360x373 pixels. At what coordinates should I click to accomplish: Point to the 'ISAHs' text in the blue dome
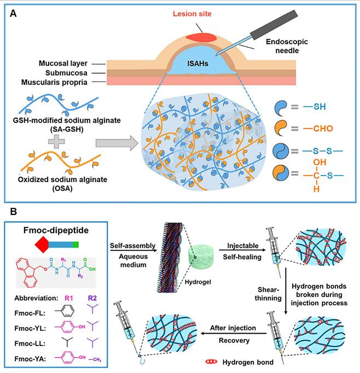pyautogui.click(x=206, y=63)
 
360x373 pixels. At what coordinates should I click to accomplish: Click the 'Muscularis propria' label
pyautogui.click(x=55, y=81)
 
